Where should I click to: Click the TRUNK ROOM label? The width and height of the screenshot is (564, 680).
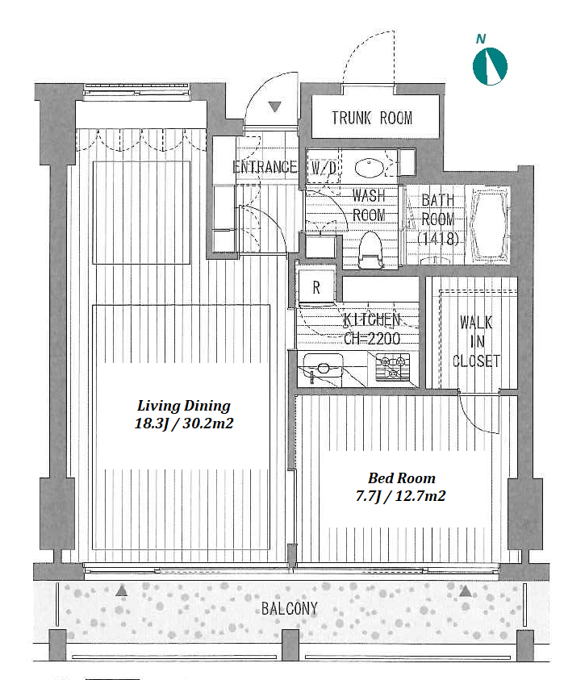tap(372, 118)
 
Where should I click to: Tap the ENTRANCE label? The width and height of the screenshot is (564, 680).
tap(265, 167)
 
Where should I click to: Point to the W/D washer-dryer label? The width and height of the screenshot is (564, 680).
tap(324, 169)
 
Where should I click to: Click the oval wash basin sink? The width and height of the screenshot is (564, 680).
tap(370, 168)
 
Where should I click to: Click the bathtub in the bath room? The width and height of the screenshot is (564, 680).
tap(491, 225)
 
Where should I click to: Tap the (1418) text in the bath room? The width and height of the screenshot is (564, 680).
tap(438, 239)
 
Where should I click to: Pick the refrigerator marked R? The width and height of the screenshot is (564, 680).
tap(317, 286)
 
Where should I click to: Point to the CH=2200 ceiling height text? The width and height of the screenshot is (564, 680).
tap(372, 338)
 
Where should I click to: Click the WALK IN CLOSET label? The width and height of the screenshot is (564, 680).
tap(476, 342)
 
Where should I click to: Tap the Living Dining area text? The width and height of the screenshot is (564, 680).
tap(184, 414)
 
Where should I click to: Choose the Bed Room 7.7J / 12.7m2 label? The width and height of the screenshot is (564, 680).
tap(401, 486)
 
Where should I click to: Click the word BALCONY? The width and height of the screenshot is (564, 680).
tap(290, 608)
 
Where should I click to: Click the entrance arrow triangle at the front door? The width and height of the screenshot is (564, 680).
tap(274, 106)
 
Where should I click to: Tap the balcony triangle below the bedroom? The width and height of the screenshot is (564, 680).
tap(466, 590)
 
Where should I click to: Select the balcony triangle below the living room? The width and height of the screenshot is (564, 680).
tap(122, 590)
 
